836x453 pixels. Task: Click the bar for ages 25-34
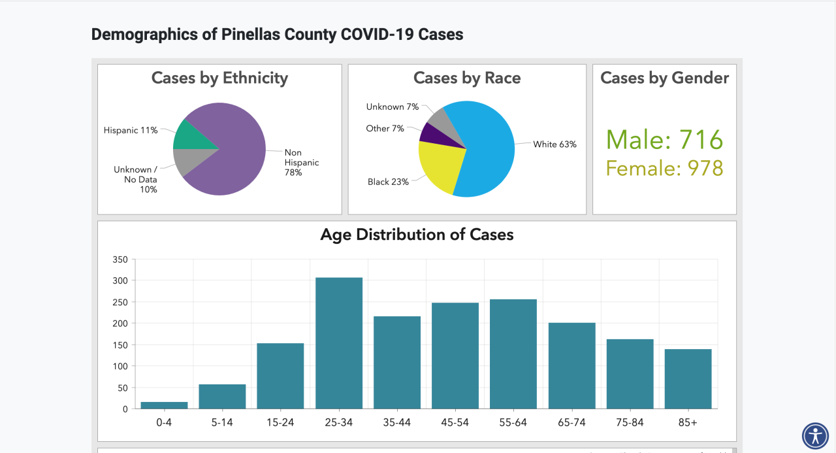(339, 343)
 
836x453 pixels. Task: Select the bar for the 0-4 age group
(164, 405)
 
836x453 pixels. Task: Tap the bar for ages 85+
(688, 379)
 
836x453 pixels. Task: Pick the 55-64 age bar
(513, 354)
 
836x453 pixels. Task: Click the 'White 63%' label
(555, 144)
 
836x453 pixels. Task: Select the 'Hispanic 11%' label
(131, 130)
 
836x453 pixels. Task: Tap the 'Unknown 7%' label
(393, 107)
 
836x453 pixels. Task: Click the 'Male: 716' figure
(664, 140)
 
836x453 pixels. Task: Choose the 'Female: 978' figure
(664, 168)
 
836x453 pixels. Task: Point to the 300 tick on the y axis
(121, 280)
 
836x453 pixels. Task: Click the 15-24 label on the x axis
(280, 422)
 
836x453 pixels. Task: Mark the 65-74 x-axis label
(571, 422)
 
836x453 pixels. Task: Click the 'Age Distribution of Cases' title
(417, 235)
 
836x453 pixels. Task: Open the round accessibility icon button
(815, 435)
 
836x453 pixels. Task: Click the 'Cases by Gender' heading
(664, 78)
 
